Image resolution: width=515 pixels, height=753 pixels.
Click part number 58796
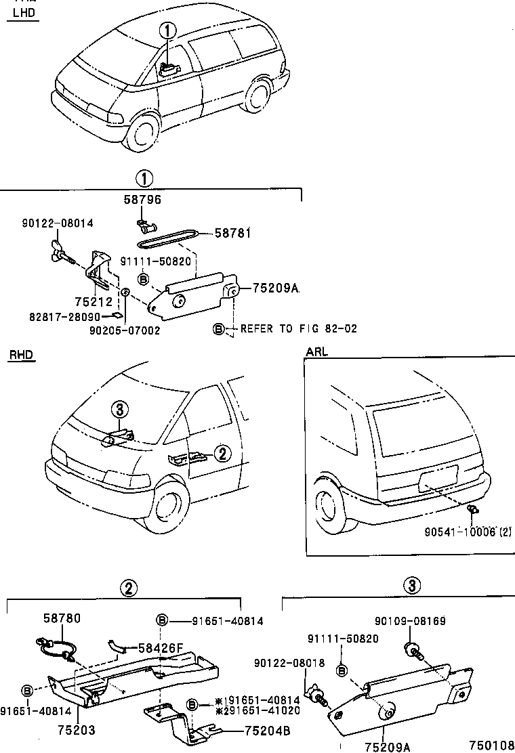tap(142, 200)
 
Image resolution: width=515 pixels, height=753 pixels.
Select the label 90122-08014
tap(57, 223)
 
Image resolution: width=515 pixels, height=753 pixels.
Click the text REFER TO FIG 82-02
tap(298, 328)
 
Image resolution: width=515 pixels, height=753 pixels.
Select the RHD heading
tap(22, 355)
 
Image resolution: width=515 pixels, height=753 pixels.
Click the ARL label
tap(316, 352)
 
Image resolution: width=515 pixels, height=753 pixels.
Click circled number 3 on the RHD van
tap(119, 409)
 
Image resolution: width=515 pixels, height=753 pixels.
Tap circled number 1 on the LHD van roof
tap(168, 30)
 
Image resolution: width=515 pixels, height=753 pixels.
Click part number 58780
tap(62, 618)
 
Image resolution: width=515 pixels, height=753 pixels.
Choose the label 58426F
tap(161, 647)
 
